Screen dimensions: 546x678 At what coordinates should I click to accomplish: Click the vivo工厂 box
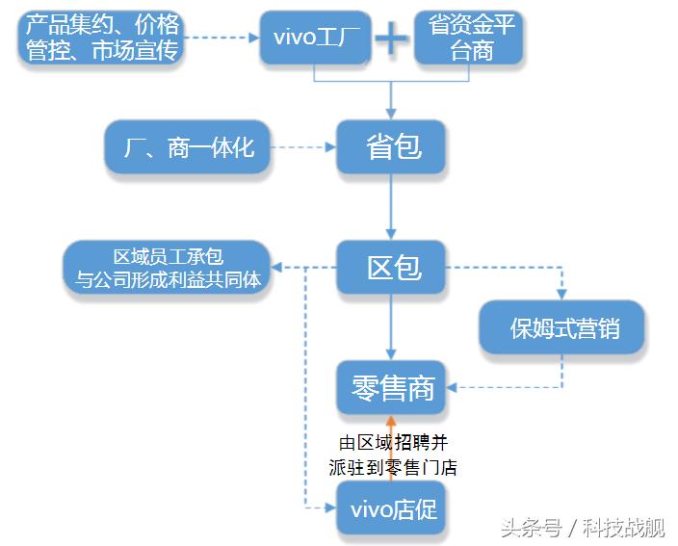click(x=315, y=38)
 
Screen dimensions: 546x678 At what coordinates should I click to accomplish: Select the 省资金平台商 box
click(x=470, y=38)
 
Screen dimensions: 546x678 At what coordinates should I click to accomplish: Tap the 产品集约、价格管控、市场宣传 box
click(x=102, y=38)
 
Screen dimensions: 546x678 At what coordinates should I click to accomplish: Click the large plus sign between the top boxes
click(x=391, y=39)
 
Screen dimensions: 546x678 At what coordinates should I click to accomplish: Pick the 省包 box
click(x=392, y=147)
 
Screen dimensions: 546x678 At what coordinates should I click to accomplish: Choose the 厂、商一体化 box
click(x=188, y=147)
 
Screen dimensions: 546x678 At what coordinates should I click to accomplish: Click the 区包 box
click(x=392, y=267)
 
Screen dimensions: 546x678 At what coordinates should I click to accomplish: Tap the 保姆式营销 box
click(x=563, y=328)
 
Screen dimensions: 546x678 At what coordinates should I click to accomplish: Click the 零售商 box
click(x=392, y=388)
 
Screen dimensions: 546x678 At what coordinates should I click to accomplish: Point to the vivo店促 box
click(x=392, y=507)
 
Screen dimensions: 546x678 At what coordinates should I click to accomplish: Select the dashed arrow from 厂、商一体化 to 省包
click(x=302, y=147)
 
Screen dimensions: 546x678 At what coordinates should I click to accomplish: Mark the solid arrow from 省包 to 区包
click(x=391, y=207)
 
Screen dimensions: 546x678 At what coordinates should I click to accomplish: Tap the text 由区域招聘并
click(x=392, y=443)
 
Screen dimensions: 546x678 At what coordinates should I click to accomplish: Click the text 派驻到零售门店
click(x=392, y=468)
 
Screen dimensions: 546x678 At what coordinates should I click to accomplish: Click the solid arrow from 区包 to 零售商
click(x=391, y=327)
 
